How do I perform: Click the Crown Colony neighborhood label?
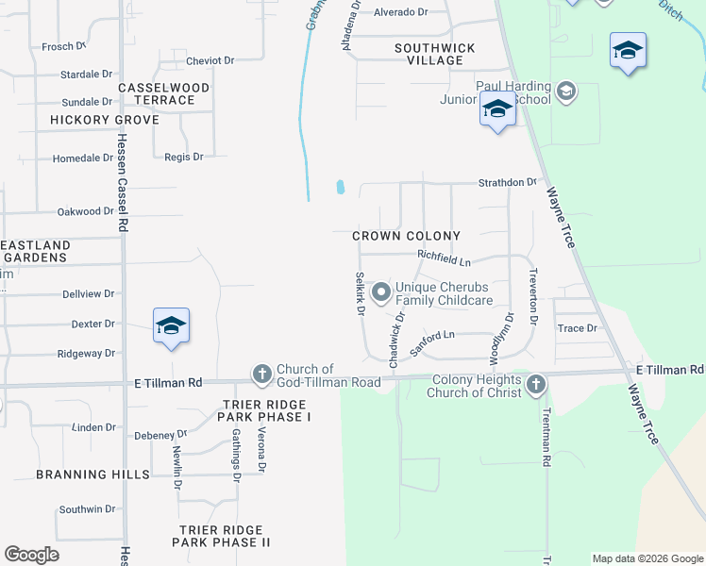pyautogui.click(x=406, y=236)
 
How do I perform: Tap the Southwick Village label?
pyautogui.click(x=434, y=54)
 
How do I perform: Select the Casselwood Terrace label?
pyautogui.click(x=163, y=93)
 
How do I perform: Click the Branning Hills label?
pyautogui.click(x=92, y=474)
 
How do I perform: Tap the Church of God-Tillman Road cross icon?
pyautogui.click(x=261, y=375)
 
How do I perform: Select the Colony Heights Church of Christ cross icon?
pyautogui.click(x=535, y=384)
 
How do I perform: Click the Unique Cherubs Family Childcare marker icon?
pyautogui.click(x=381, y=292)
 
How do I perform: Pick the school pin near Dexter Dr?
pyautogui.click(x=171, y=326)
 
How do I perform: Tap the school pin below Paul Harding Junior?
pyautogui.click(x=497, y=110)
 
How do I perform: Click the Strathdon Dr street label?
pyautogui.click(x=507, y=182)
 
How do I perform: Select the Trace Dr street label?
pyautogui.click(x=578, y=328)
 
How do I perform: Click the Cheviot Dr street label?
pyautogui.click(x=210, y=60)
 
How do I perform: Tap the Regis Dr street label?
pyautogui.click(x=184, y=158)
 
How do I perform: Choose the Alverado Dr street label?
pyautogui.click(x=400, y=12)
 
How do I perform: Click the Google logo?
pyautogui.click(x=32, y=555)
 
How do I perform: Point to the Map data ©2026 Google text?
pyautogui.click(x=647, y=558)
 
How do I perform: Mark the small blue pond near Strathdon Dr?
pyautogui.click(x=340, y=188)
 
